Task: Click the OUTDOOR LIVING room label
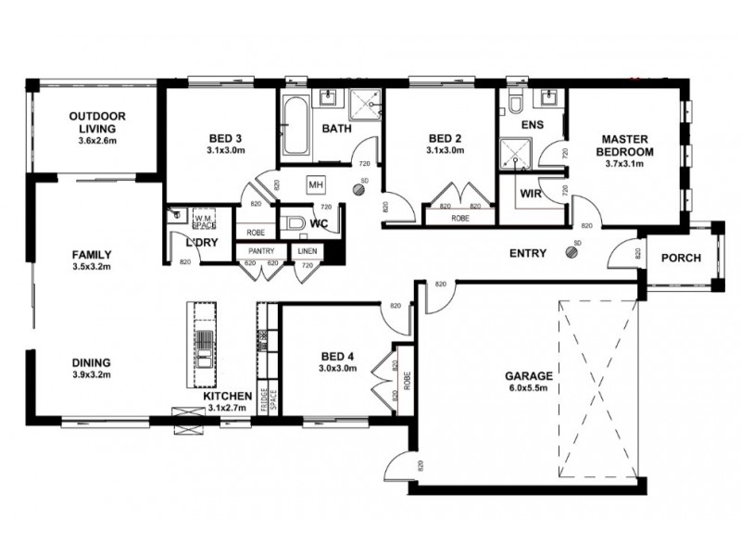pos(97,117)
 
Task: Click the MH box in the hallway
pos(315,183)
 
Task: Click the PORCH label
pos(680,259)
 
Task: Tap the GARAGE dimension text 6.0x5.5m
pos(529,390)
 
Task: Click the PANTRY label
pos(260,250)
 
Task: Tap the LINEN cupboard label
pos(305,250)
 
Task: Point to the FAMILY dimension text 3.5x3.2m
pos(94,267)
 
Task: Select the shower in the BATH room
pos(366,104)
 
